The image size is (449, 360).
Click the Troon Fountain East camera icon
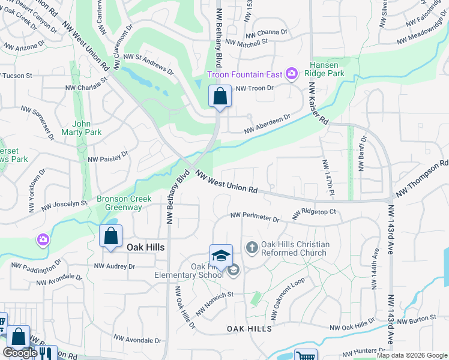pos(292,74)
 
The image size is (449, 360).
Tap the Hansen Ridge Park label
pos(327,69)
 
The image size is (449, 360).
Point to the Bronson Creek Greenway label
pos(120,203)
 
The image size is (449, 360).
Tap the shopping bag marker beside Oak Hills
pos(111,236)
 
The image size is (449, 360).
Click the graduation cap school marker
pos(221,256)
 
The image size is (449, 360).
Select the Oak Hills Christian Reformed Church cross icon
pos(252,246)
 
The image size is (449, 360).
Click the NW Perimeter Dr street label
pos(255,217)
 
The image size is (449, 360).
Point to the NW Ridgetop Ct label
pos(314,213)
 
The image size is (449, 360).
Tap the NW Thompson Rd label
pos(421,178)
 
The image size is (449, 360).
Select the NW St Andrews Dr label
pos(148,64)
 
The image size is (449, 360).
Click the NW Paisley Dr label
pos(109,157)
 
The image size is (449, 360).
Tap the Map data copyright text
pos(412,355)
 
